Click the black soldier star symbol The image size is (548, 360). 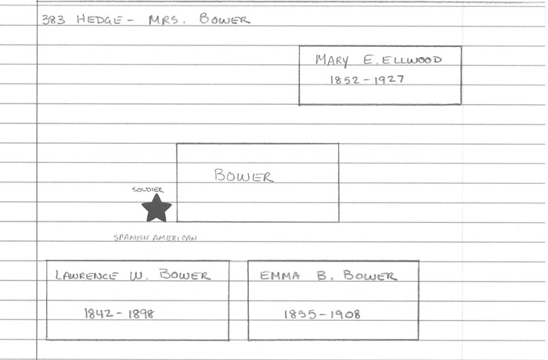(x=157, y=208)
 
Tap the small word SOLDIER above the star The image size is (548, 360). (x=148, y=190)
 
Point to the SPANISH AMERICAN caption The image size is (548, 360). (x=155, y=238)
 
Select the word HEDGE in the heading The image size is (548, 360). (x=99, y=20)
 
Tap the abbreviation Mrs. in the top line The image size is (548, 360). (x=166, y=20)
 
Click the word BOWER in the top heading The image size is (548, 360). (x=224, y=20)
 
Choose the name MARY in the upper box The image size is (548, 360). (x=332, y=61)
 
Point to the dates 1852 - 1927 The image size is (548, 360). (x=366, y=79)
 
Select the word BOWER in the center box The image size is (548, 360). (x=244, y=176)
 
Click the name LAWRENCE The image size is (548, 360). (x=87, y=275)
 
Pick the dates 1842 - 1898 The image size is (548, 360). (x=119, y=313)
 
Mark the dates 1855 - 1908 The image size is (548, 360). (x=322, y=314)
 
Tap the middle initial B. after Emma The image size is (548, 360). (x=323, y=275)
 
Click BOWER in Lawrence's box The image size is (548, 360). (x=185, y=275)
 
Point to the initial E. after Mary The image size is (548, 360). (x=363, y=60)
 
